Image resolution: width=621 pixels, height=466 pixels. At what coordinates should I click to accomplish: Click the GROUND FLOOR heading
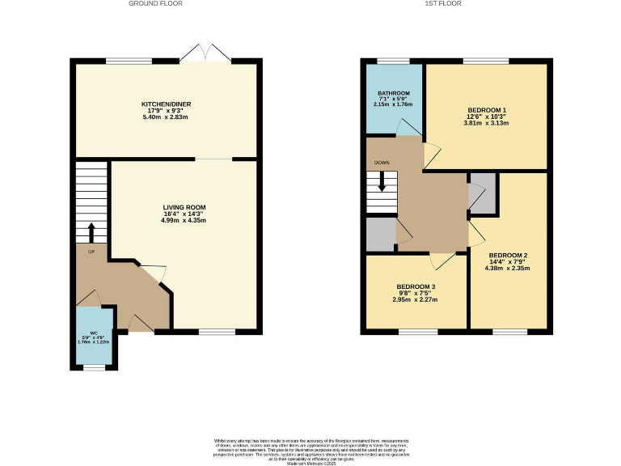point(155,4)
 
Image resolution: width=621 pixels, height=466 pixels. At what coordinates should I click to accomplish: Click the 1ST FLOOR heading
point(454,4)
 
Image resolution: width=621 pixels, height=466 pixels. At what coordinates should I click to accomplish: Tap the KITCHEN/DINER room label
point(166,104)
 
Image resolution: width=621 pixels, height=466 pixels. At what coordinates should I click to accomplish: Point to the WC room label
point(94,333)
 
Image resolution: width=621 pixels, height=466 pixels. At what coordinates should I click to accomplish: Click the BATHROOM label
point(392,93)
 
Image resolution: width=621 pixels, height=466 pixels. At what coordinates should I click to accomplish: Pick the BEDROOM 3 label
point(416,287)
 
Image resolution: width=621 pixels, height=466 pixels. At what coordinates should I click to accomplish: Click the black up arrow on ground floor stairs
point(91,233)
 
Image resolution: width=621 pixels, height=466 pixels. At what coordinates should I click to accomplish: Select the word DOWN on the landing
point(382,163)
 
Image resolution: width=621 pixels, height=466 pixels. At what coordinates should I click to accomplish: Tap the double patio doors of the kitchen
point(207,53)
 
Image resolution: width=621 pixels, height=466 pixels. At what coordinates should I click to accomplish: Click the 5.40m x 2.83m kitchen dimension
point(166,118)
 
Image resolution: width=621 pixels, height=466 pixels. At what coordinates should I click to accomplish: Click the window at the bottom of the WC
point(94,368)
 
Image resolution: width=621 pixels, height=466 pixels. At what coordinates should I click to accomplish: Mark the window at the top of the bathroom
point(393,61)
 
